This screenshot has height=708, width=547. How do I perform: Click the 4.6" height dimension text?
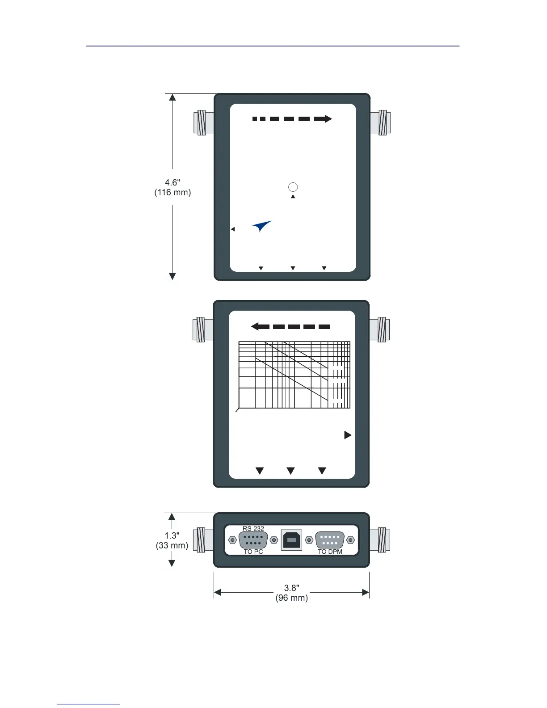coord(173,182)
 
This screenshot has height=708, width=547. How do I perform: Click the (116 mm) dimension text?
coord(173,193)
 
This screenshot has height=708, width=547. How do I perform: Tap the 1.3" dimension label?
coord(172,535)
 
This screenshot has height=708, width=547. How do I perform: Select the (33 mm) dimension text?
coord(172,545)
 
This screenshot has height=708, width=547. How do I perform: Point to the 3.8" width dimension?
coord(291,588)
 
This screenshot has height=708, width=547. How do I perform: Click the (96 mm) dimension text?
coord(291,598)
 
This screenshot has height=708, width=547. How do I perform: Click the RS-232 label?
coord(253,528)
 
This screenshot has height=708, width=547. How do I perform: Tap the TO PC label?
coord(253,552)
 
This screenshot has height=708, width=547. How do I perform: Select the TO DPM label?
coord(330,552)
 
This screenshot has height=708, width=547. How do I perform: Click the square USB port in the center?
coord(291,540)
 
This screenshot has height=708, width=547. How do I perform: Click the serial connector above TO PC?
coord(253,540)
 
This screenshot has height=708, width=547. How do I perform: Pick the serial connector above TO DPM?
coord(330,540)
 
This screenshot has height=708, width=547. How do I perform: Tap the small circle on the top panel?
coord(293,187)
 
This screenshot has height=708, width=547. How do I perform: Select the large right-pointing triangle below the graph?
coord(348,435)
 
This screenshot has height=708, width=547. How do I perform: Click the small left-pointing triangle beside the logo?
coord(233,229)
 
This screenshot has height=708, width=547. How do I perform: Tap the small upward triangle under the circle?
coord(293,197)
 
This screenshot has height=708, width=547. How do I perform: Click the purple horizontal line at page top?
coord(273,46)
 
